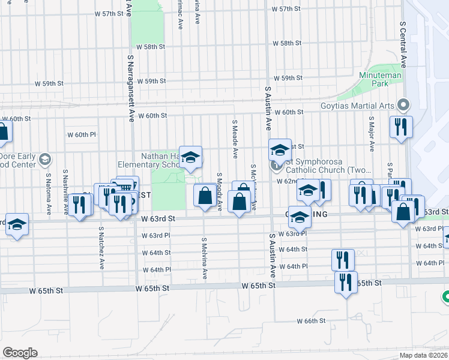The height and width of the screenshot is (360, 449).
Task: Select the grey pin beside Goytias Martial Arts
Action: (x=403, y=106)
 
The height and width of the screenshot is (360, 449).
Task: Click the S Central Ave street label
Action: (x=403, y=45)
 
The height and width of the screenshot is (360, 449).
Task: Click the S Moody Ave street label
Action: (x=220, y=191)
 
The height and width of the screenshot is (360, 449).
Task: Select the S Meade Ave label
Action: (x=235, y=134)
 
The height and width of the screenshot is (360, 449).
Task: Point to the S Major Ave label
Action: (x=372, y=135)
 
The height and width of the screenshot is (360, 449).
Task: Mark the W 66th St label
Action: (x=311, y=321)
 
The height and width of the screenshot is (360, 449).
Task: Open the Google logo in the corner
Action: (x=20, y=353)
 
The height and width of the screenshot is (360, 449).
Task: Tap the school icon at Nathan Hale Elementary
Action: (x=190, y=158)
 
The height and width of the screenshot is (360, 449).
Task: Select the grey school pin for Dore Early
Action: (x=45, y=160)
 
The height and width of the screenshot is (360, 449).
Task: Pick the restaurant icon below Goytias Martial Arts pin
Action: (x=399, y=127)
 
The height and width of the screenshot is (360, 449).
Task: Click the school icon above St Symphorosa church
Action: (x=279, y=150)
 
